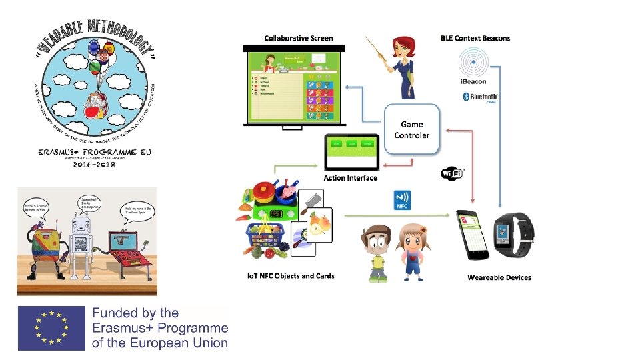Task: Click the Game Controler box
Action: [x=412, y=129]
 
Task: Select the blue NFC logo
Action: [x=402, y=199]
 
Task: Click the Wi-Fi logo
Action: [x=453, y=173]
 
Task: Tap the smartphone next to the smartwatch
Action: [x=472, y=235]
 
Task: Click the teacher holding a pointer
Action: [x=402, y=67]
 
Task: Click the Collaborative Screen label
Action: [x=299, y=38]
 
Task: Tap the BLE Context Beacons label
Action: [x=475, y=38]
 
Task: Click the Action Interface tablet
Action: [x=351, y=152]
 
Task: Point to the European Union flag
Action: [x=51, y=328]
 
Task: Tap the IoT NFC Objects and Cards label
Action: [x=291, y=276]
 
